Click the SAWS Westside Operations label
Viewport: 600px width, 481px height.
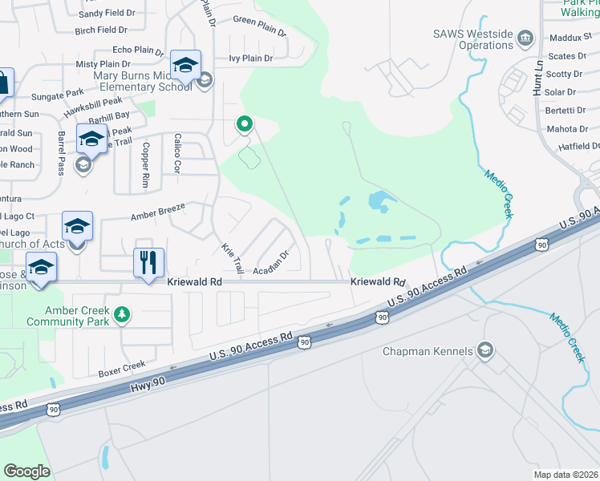pos(472,39)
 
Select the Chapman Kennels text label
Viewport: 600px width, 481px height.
pos(428,351)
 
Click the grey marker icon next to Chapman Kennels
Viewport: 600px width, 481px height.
pos(484,350)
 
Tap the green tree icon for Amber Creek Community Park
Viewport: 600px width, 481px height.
pos(122,313)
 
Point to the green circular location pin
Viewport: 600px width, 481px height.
pos(244,124)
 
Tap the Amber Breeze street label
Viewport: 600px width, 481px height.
pos(158,212)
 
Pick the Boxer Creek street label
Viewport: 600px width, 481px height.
pos(122,370)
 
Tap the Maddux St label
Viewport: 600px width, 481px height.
pos(570,38)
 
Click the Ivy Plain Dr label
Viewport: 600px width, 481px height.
pos(250,59)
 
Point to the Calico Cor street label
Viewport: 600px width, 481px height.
pos(177,153)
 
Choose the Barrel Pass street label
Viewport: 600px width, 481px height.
pos(62,153)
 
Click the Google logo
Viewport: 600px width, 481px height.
pos(26,471)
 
